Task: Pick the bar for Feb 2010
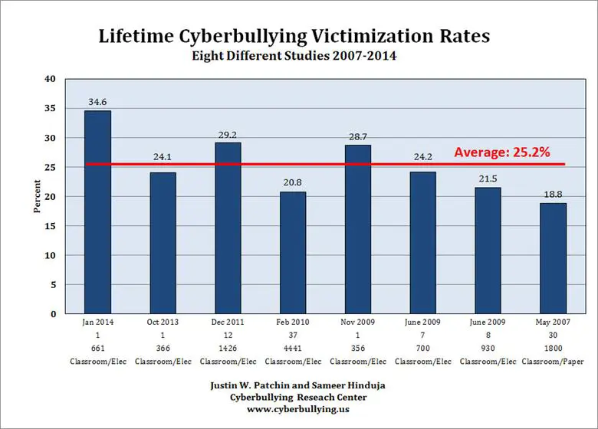[293, 253]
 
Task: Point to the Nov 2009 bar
[358, 230]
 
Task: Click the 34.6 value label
[97, 101]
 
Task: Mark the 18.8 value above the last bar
[554, 194]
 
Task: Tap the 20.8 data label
[293, 182]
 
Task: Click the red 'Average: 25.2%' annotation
[501, 152]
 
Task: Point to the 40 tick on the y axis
[50, 79]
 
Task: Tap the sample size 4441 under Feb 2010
[293, 347]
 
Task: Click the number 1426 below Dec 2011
[228, 347]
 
